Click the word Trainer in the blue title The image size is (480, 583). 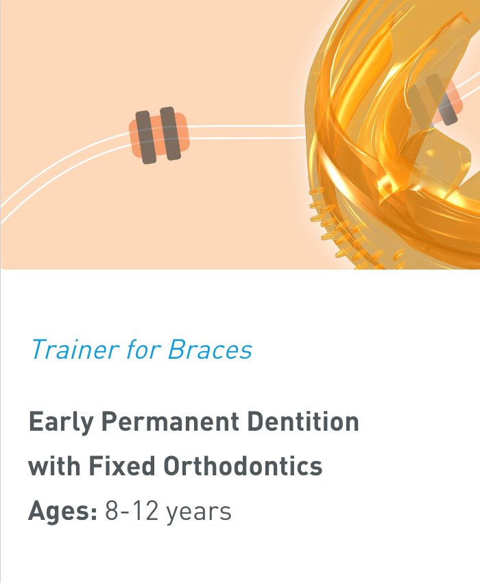(x=75, y=349)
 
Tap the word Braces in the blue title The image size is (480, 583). (x=210, y=349)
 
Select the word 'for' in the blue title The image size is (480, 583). (x=143, y=349)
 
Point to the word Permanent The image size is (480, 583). (x=170, y=422)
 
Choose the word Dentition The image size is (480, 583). (x=303, y=422)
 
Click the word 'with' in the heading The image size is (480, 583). (x=55, y=466)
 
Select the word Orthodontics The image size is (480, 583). (x=243, y=466)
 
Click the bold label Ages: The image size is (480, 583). (x=63, y=512)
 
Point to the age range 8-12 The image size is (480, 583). (x=132, y=511)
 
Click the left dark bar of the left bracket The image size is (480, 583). (x=145, y=137)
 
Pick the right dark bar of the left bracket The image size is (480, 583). (x=170, y=134)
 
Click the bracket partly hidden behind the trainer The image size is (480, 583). (x=439, y=99)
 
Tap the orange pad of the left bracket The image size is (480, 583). (x=159, y=135)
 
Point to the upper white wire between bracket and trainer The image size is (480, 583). (x=247, y=126)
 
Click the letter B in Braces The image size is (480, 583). (x=177, y=349)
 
